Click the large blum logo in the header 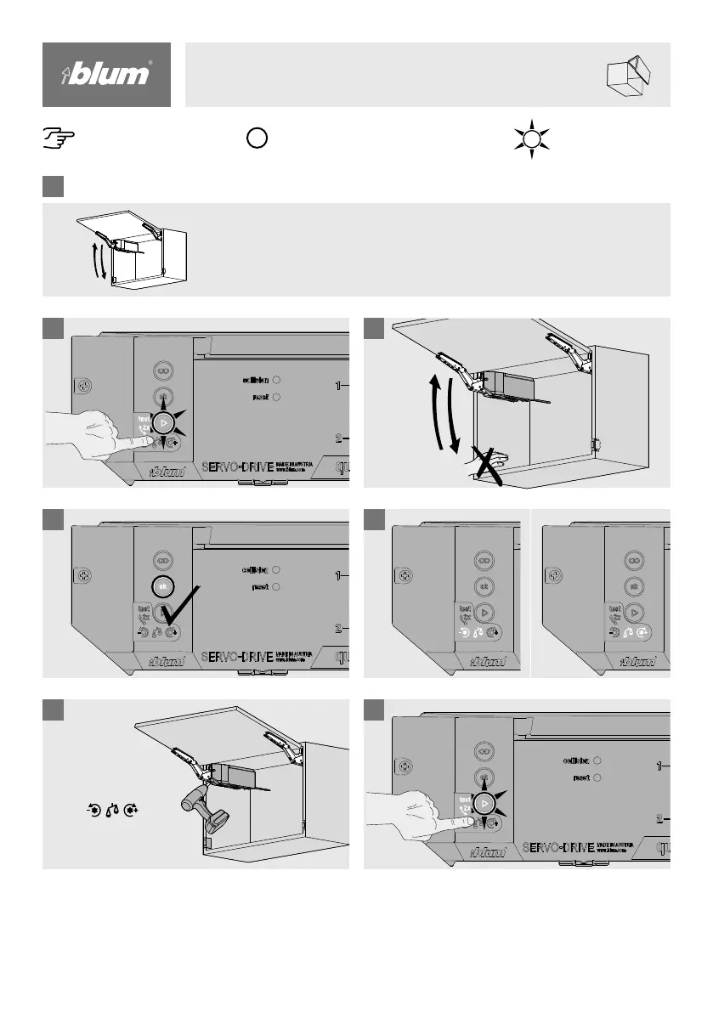107,75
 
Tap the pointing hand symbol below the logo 58,137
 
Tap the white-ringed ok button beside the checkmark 163,586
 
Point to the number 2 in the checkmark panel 337,629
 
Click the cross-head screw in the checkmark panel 83,576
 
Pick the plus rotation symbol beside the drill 131,811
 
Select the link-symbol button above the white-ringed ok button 163,561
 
